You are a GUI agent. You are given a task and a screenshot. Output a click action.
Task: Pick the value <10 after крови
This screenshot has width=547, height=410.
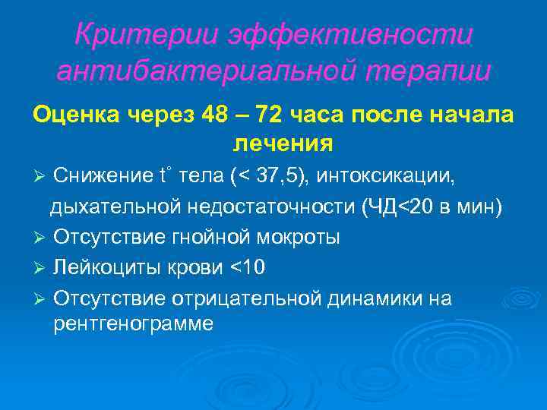[x=250, y=268]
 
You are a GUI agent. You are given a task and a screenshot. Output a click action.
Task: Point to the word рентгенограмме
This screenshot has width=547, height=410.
[x=133, y=324]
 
